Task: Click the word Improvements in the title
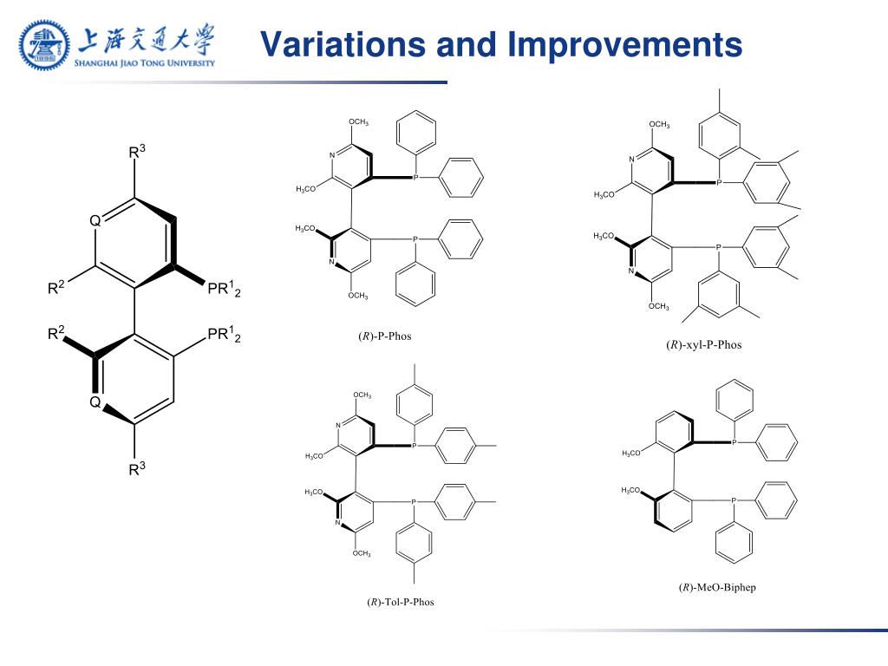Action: click(x=625, y=44)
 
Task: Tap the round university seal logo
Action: click(x=44, y=45)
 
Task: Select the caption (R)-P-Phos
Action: click(x=384, y=336)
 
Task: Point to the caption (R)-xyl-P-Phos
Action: click(x=703, y=344)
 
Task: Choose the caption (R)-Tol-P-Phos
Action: click(x=400, y=602)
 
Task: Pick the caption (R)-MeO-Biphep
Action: click(x=717, y=587)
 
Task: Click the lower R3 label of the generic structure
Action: click(x=136, y=469)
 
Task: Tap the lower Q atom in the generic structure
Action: click(x=96, y=402)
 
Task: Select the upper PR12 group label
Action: click(x=224, y=290)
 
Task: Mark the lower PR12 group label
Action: click(x=224, y=335)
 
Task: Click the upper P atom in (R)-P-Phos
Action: click(x=415, y=177)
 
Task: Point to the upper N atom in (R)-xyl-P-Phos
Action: click(x=632, y=160)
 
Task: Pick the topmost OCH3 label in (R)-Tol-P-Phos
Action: click(x=362, y=395)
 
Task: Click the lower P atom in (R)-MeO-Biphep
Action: click(x=734, y=500)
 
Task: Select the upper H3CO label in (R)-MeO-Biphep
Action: click(x=631, y=454)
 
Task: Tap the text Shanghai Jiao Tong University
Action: click(x=144, y=62)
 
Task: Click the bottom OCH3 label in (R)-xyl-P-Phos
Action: click(x=659, y=306)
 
